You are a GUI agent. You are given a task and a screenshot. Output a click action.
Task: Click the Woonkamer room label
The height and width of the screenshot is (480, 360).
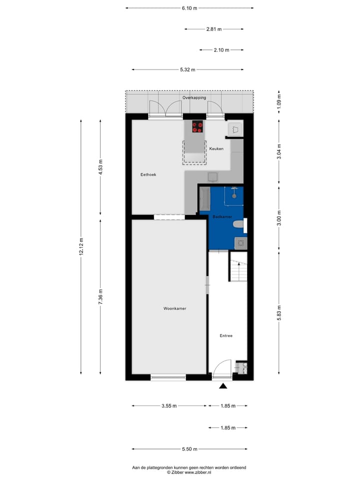click(174, 308)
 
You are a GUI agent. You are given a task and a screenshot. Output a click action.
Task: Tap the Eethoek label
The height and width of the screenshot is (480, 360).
click(148, 174)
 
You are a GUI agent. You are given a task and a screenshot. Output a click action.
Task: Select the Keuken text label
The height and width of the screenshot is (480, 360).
click(216, 149)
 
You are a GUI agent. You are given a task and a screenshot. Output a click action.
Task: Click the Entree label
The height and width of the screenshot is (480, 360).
click(226, 336)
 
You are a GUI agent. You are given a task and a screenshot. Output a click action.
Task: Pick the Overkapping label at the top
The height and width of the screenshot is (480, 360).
click(194, 97)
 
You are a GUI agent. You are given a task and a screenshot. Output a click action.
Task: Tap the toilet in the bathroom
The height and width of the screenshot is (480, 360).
click(240, 225)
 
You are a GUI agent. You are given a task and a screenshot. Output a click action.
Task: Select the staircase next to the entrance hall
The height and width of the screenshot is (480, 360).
click(238, 269)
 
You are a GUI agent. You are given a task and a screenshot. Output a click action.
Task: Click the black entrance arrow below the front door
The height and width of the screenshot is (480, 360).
click(223, 385)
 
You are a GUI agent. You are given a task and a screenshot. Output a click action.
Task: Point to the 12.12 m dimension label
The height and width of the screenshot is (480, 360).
click(81, 246)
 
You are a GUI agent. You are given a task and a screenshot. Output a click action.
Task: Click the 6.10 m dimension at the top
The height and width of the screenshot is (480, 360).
click(189, 8)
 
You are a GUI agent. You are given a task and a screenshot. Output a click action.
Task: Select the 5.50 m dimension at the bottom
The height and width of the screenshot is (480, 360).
click(189, 449)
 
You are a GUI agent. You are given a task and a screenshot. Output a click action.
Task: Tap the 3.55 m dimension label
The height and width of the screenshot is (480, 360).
click(168, 406)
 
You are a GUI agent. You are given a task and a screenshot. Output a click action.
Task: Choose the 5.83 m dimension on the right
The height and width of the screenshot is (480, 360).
click(279, 312)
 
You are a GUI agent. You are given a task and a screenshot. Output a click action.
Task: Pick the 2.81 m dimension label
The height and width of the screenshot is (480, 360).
click(214, 29)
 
